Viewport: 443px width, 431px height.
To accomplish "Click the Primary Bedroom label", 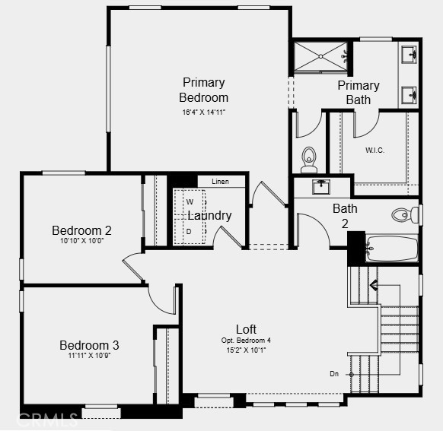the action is tap(203, 90).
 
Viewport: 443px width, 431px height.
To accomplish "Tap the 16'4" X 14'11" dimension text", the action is tap(203, 113).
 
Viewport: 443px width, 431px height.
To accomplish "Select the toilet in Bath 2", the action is tap(405, 215).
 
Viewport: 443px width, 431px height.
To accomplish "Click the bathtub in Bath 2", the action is tap(391, 249).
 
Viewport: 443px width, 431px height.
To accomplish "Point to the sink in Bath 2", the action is tap(321, 187).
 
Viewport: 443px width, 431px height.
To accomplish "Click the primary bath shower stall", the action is tap(320, 57).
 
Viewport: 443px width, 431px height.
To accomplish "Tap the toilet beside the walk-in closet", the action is tap(309, 160).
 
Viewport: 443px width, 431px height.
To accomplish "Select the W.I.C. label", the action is tap(374, 151).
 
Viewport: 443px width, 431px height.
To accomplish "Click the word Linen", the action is tap(220, 182).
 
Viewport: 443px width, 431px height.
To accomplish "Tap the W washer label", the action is tap(190, 202).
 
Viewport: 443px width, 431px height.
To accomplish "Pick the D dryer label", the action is tap(189, 232).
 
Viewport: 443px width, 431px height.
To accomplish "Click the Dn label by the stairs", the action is tap(334, 374).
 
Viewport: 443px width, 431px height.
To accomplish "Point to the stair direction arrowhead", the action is tap(374, 285).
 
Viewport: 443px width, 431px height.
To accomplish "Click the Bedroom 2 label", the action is tap(81, 230).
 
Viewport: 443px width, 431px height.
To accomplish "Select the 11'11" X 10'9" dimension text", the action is tap(89, 356).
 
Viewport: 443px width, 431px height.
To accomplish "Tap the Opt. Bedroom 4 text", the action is tap(246, 341).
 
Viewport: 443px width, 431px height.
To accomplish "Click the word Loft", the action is tap(246, 329).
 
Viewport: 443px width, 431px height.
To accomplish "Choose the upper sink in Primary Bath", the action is tap(409, 55).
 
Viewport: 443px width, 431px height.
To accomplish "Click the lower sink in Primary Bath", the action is tap(409, 95).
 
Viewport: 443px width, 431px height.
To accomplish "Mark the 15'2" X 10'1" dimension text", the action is tap(246, 350).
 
